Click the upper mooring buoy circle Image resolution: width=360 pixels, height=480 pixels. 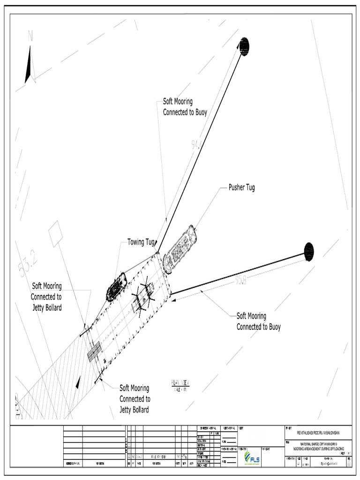pyautogui.click(x=244, y=46)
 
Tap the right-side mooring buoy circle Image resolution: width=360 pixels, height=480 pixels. pyautogui.click(x=308, y=252)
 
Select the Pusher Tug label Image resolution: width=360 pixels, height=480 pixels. pyautogui.click(x=241, y=187)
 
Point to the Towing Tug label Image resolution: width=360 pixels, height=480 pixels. pyautogui.click(x=141, y=242)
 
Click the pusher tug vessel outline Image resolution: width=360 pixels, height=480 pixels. pyautogui.click(x=179, y=249)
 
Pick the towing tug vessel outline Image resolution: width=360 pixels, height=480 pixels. pyautogui.click(x=117, y=287)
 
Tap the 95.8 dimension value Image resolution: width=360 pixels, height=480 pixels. pyautogui.click(x=241, y=280)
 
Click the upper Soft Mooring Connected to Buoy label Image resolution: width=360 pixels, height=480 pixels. pyautogui.click(x=185, y=107)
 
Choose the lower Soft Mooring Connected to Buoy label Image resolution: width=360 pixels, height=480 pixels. pyautogui.click(x=258, y=322)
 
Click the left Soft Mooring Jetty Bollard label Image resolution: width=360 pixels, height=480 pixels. pyautogui.click(x=46, y=297)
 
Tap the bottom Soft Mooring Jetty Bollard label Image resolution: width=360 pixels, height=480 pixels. pyautogui.click(x=135, y=399)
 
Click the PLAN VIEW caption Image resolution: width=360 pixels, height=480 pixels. pyautogui.click(x=180, y=384)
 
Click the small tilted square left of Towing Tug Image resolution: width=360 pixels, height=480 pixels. pyautogui.click(x=55, y=233)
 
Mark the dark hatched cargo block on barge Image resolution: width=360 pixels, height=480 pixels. pyautogui.click(x=94, y=352)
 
